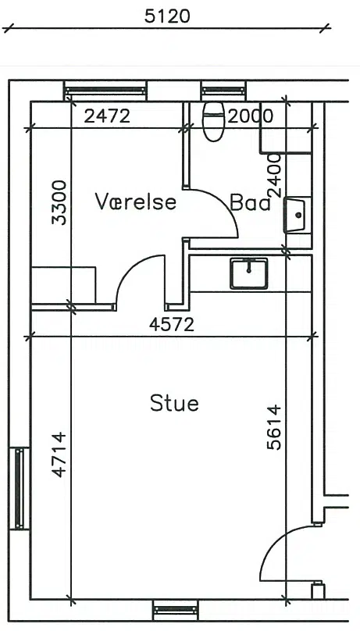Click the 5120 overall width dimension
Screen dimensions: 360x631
[167, 16]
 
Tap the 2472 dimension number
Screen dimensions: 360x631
[107, 116]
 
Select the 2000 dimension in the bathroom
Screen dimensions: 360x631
[250, 116]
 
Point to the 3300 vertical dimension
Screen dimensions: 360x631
[59, 202]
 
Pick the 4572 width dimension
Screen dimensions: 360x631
[172, 324]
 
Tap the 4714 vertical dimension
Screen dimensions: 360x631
[59, 455]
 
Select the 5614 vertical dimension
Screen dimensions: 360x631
[275, 427]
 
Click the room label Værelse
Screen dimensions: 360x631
[136, 201]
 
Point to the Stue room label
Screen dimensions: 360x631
[175, 403]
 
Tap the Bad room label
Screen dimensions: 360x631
[250, 202]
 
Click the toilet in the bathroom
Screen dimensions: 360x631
[214, 122]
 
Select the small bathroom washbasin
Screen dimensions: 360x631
[296, 215]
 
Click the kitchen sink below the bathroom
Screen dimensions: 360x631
[249, 273]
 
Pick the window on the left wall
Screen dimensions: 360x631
[20, 489]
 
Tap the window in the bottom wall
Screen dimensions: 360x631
[176, 610]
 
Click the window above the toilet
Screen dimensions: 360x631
[223, 91]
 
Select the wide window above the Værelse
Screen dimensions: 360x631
[105, 91]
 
